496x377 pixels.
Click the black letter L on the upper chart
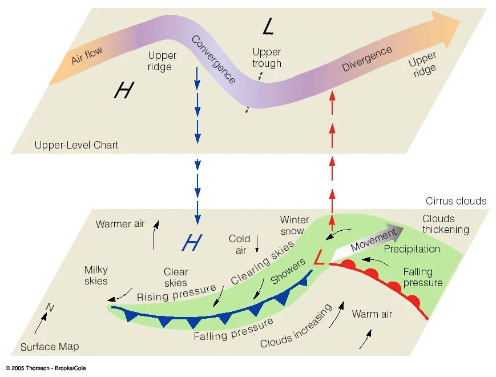[269, 26]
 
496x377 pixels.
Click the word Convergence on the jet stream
[213, 59]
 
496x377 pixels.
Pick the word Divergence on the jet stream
[367, 59]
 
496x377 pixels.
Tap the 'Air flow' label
[87, 56]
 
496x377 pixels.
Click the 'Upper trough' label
[267, 58]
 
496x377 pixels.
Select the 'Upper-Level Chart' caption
[75, 145]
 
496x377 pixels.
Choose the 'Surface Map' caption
[50, 347]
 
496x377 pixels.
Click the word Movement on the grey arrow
[373, 241]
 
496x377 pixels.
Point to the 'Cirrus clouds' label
[456, 201]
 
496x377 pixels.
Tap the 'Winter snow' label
[295, 225]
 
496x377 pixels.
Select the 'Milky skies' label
[96, 275]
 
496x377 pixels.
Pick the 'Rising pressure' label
[176, 293]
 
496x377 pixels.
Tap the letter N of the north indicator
[50, 309]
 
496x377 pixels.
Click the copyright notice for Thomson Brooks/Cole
[46, 368]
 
